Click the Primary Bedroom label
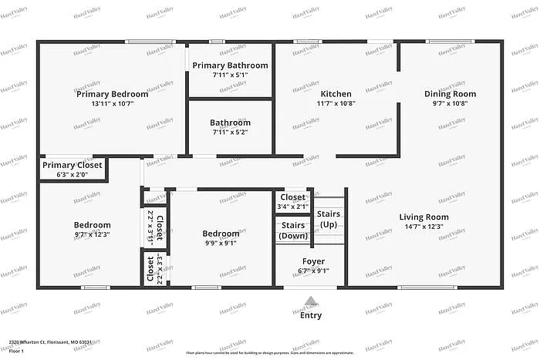coord(112,94)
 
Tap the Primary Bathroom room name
coord(230,66)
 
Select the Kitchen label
coord(336,94)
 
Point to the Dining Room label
coord(450,94)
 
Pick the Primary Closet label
coord(72,165)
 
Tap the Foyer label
coord(312,261)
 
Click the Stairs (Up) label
coord(328,219)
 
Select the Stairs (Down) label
coord(292,230)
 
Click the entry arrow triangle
coord(310,301)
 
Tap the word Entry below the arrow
coord(310,315)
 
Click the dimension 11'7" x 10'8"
coord(336,103)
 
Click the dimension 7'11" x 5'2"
coord(230,132)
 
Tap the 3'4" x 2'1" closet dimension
coord(292,206)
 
